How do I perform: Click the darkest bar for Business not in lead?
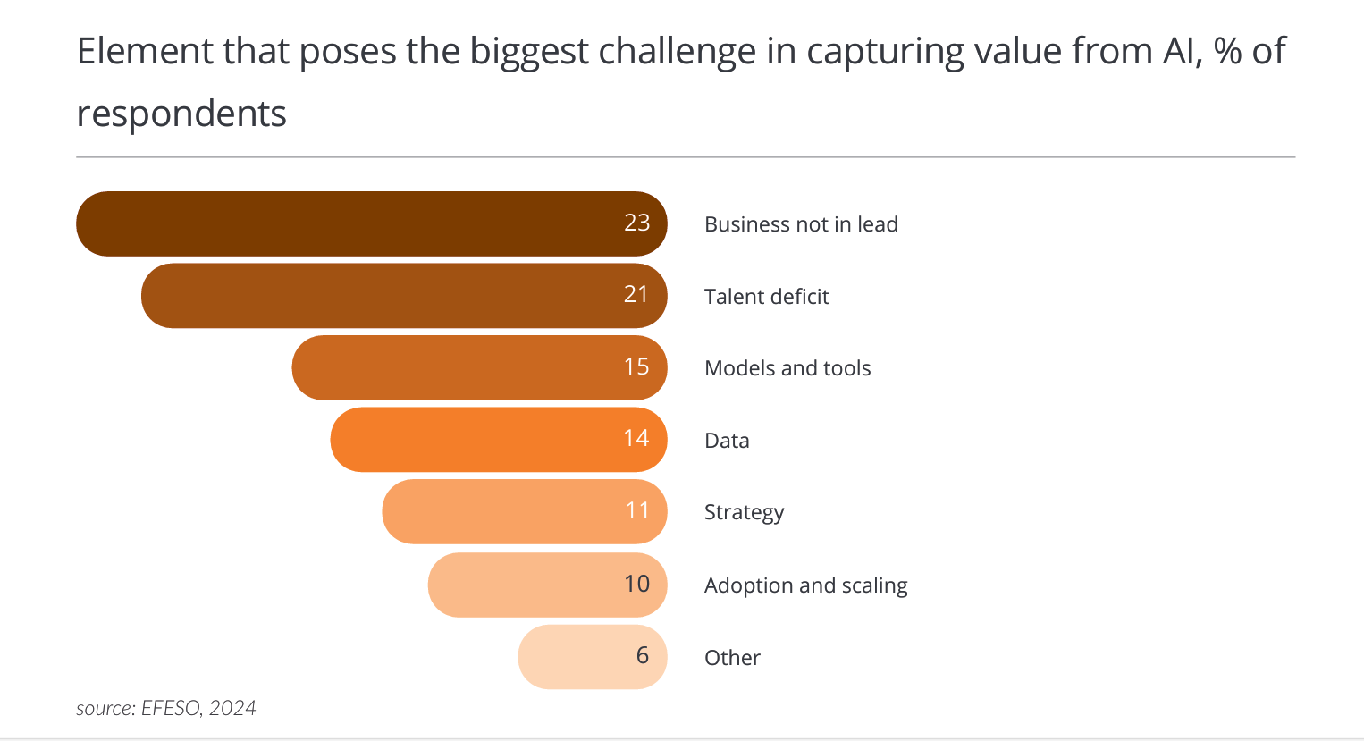click(x=358, y=223)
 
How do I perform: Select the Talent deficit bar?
click(x=393, y=296)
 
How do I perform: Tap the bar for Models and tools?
click(x=465, y=367)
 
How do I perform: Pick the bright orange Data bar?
click(x=483, y=440)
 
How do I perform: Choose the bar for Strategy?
click(x=509, y=511)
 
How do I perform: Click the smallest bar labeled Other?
click(x=581, y=657)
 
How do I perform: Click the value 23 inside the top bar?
click(x=636, y=223)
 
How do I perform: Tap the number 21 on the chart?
click(x=636, y=294)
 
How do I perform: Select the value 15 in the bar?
click(x=636, y=366)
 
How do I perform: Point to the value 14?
click(x=636, y=438)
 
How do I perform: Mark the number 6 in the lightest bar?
click(x=642, y=655)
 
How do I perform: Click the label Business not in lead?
click(x=801, y=224)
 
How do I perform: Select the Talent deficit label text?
click(x=766, y=297)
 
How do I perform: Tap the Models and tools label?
click(x=787, y=368)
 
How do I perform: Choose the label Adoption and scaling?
click(x=805, y=585)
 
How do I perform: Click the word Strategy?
click(x=744, y=512)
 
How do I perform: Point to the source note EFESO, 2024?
click(x=166, y=708)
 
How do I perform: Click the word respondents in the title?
click(x=181, y=114)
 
